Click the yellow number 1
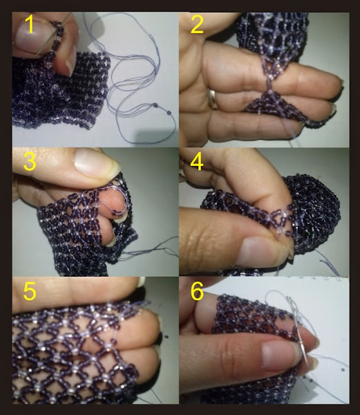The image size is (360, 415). [x=30, y=24]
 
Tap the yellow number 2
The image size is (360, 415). [x=197, y=25]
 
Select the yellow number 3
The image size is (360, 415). [x=30, y=161]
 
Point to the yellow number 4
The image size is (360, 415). [x=197, y=161]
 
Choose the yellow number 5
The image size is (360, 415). [x=30, y=291]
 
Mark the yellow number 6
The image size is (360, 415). [x=197, y=291]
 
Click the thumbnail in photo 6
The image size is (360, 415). [x=280, y=355]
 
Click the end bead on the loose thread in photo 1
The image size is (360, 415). [x=169, y=113]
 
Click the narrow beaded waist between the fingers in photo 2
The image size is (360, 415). [x=270, y=85]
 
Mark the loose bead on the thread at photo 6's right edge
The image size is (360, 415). [x=343, y=369]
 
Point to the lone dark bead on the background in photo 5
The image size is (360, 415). [x=166, y=337]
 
